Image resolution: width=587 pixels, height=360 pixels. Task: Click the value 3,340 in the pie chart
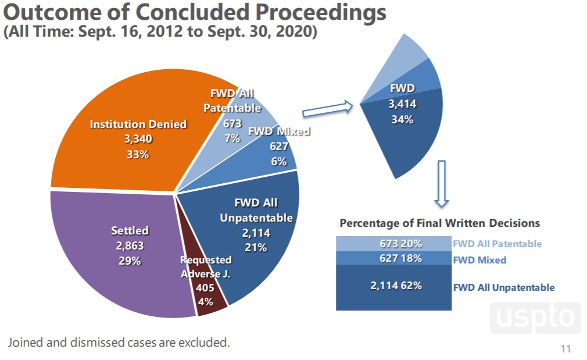click(138, 140)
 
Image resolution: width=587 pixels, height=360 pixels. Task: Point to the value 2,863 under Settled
click(130, 246)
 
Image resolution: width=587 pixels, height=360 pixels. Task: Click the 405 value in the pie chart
click(205, 287)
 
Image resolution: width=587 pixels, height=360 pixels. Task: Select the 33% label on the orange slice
click(138, 155)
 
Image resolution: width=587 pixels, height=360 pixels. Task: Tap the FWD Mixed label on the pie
click(279, 131)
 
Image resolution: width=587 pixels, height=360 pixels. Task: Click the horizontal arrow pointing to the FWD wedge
click(327, 108)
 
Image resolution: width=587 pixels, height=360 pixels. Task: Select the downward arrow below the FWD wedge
click(442, 183)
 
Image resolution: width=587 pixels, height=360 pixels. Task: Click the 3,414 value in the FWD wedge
click(402, 104)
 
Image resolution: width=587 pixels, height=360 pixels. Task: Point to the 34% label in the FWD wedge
click(402, 119)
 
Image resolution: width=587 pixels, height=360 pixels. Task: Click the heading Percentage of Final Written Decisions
click(439, 223)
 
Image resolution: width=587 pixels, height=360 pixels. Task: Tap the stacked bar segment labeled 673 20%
click(393, 244)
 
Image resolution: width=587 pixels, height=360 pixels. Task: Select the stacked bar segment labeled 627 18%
click(393, 258)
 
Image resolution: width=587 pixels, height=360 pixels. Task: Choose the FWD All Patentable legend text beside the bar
click(497, 244)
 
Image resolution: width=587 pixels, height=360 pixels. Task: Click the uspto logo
click(535, 318)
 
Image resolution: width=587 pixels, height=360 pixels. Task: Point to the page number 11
click(565, 349)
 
